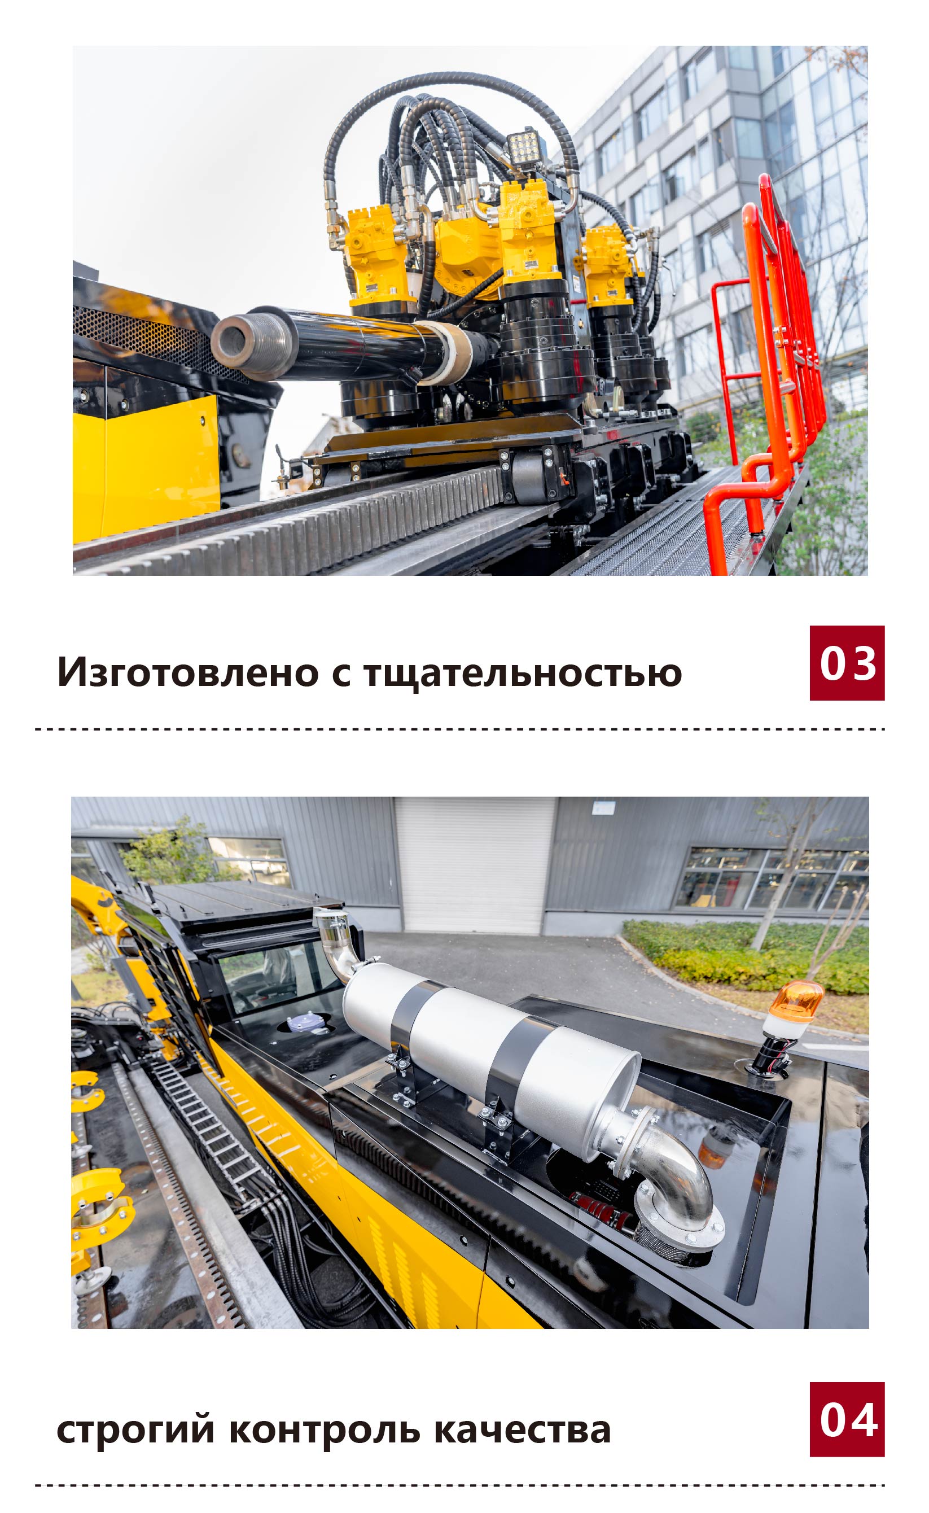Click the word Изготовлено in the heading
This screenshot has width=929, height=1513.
[x=188, y=672]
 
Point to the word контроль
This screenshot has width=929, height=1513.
[x=325, y=1429]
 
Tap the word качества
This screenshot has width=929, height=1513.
[x=522, y=1429]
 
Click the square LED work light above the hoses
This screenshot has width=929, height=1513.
[x=523, y=147]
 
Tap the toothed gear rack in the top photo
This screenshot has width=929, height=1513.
[x=295, y=522]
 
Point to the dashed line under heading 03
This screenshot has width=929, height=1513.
[x=459, y=729]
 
